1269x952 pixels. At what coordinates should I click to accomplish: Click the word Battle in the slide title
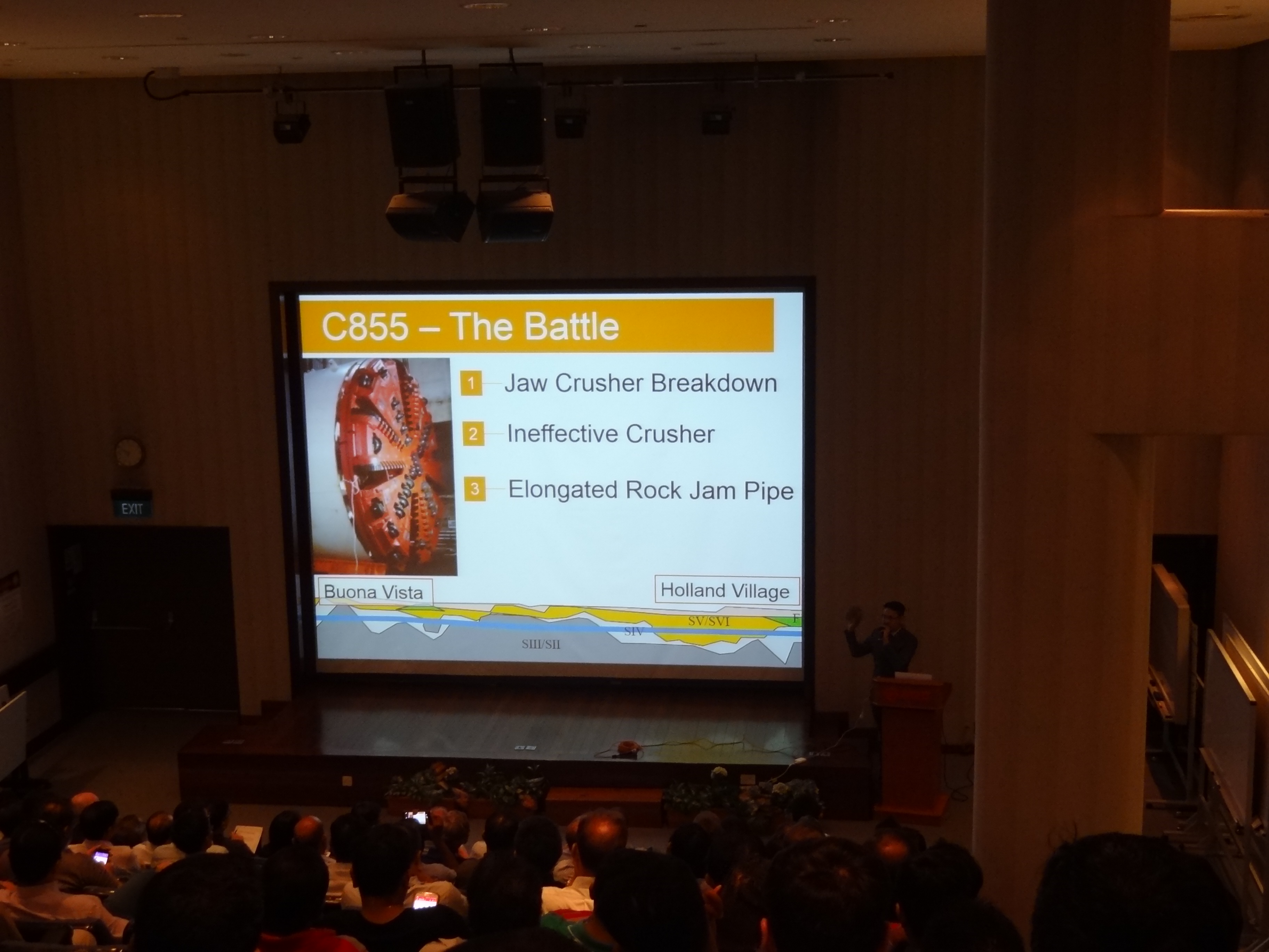coord(572,327)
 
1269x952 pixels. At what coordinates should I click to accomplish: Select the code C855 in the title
coord(365,327)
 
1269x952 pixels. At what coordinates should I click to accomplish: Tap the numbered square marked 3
coord(475,490)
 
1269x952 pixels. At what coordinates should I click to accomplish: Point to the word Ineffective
coord(562,434)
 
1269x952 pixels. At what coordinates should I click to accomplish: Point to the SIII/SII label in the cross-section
coord(541,644)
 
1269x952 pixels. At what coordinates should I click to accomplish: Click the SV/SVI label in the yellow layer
coord(709,621)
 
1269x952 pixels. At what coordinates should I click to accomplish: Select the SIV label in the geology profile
coord(634,631)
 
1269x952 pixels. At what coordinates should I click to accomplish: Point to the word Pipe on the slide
coord(769,492)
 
